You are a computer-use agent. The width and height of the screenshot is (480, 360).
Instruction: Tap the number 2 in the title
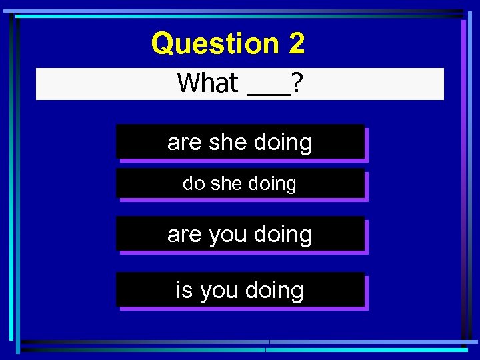click(297, 44)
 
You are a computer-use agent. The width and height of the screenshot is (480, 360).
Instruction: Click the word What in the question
click(208, 83)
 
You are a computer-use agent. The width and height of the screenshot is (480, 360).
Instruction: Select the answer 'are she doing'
click(240, 142)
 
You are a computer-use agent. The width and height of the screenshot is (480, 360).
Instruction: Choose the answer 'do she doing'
click(240, 184)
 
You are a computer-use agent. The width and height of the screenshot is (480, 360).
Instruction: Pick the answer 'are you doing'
click(240, 234)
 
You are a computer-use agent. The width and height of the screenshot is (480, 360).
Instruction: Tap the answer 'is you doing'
click(240, 290)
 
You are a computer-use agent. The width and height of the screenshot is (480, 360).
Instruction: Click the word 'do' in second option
click(194, 184)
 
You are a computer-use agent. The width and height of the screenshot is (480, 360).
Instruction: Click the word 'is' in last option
click(184, 290)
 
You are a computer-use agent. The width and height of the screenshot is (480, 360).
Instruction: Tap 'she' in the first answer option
click(227, 142)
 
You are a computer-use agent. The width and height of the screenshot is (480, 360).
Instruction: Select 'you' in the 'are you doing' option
click(228, 234)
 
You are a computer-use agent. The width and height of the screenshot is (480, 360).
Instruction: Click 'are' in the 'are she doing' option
click(185, 142)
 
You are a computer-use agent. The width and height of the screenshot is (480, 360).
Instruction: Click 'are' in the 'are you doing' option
click(185, 234)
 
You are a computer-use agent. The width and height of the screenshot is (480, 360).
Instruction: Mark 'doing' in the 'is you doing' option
click(275, 290)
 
